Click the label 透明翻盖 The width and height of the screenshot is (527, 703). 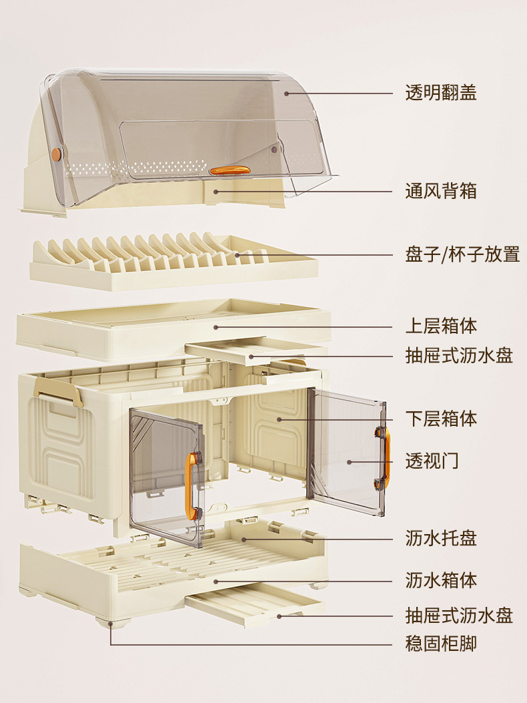pos(441,93)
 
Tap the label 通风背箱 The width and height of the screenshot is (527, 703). pos(441,192)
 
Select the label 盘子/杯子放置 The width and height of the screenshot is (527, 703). pos(462,254)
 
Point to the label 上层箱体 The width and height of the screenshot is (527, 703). pos(441,326)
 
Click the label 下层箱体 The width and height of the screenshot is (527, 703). pos(441,419)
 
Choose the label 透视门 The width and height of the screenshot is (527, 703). pos(432,461)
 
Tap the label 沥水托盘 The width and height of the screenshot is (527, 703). pos(441,538)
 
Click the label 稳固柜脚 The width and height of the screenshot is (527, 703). pos(441,644)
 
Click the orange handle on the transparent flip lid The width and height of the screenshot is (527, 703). pos(229,171)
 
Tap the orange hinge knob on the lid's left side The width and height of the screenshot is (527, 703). pos(56,154)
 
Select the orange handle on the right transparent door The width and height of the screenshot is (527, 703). pos(386,456)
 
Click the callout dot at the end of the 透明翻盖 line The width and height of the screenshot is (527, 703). pos(287,93)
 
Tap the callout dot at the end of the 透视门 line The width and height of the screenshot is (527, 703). pos(349,461)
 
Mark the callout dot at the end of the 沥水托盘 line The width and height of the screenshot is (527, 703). pos(244,539)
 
